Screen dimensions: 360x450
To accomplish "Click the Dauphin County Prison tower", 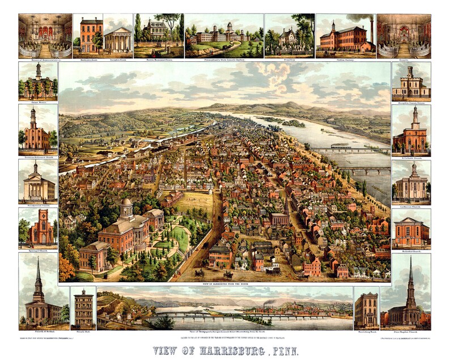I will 410,73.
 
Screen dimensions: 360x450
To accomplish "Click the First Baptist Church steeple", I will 411,278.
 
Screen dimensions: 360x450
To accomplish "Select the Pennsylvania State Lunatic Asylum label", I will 224,58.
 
